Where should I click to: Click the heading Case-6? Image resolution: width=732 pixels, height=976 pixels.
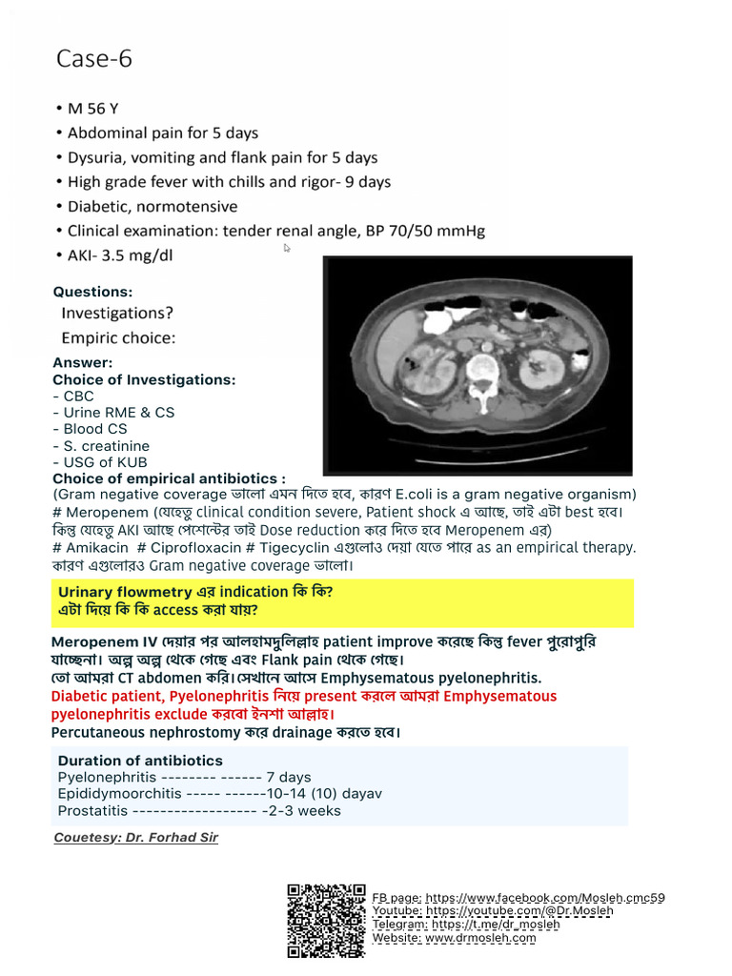coord(94,59)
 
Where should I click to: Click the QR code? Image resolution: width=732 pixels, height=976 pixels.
coord(326,920)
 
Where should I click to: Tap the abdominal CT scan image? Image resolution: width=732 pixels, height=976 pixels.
coord(478,365)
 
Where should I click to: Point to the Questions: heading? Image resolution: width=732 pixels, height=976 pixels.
coord(92,292)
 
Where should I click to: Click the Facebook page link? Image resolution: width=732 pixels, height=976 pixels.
coord(545,898)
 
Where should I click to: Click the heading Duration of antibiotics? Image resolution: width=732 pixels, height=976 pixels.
coord(140,761)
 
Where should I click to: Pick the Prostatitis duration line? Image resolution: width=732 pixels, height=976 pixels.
coord(199,811)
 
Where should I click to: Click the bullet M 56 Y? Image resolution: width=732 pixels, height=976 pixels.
coord(93,109)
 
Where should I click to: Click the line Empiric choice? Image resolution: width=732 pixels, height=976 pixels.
coord(118,337)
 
